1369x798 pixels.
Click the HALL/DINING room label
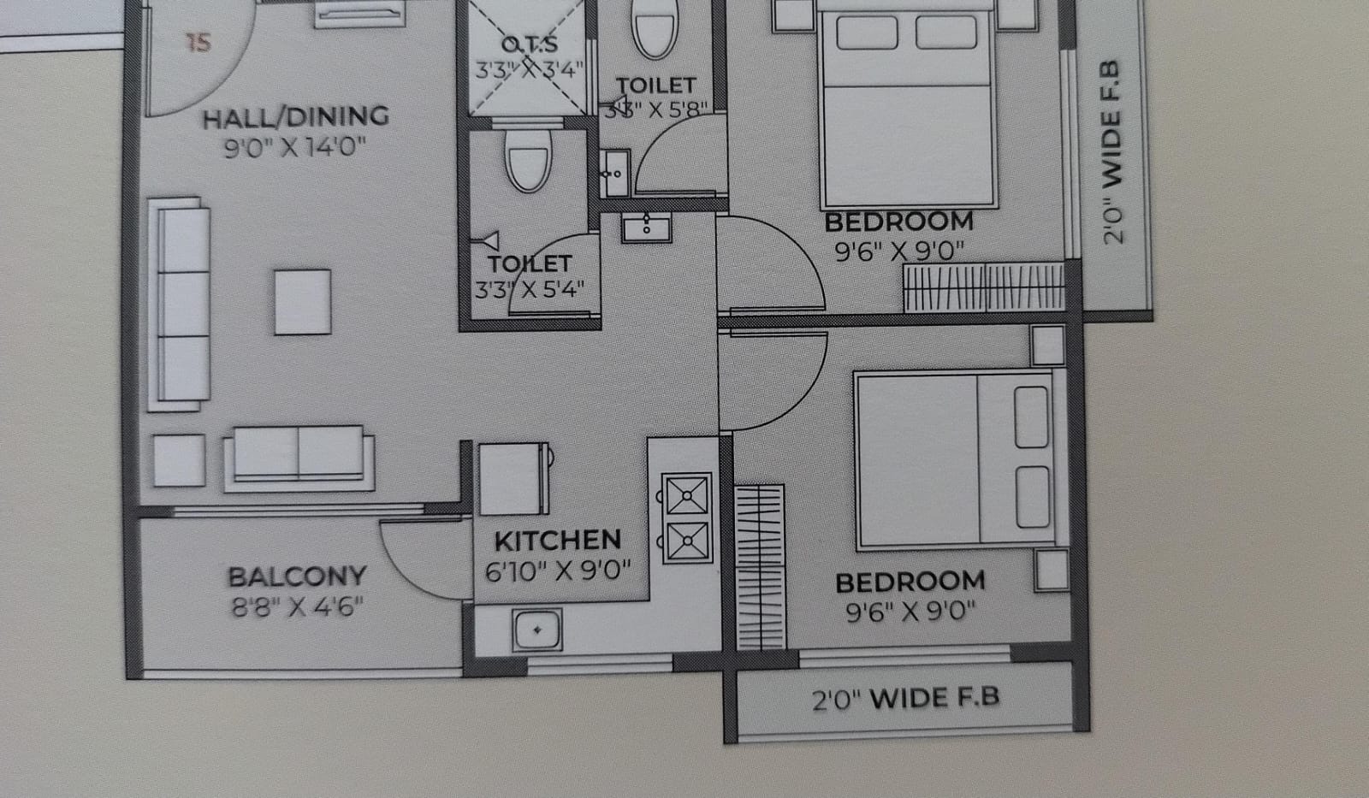[296, 117]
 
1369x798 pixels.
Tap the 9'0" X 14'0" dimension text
[295, 147]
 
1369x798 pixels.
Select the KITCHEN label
[557, 541]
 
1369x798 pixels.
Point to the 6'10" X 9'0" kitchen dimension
[557, 570]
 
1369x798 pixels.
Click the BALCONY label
[297, 576]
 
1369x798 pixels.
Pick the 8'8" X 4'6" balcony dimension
[297, 606]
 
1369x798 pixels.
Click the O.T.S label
[530, 44]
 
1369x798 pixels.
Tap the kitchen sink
[537, 630]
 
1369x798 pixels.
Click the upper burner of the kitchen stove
[687, 494]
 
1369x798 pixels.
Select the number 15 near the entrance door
[198, 43]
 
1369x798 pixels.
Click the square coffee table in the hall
[303, 302]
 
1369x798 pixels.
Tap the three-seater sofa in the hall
[179, 304]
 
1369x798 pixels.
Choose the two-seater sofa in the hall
[299, 458]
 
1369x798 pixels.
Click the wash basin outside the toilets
[647, 228]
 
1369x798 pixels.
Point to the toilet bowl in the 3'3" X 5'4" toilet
[528, 161]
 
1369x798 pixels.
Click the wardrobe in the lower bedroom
[760, 567]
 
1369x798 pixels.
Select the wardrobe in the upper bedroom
[985, 287]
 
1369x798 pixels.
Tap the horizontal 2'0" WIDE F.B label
[906, 699]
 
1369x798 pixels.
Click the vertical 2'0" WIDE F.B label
[1111, 153]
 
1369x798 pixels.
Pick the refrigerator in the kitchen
[514, 479]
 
